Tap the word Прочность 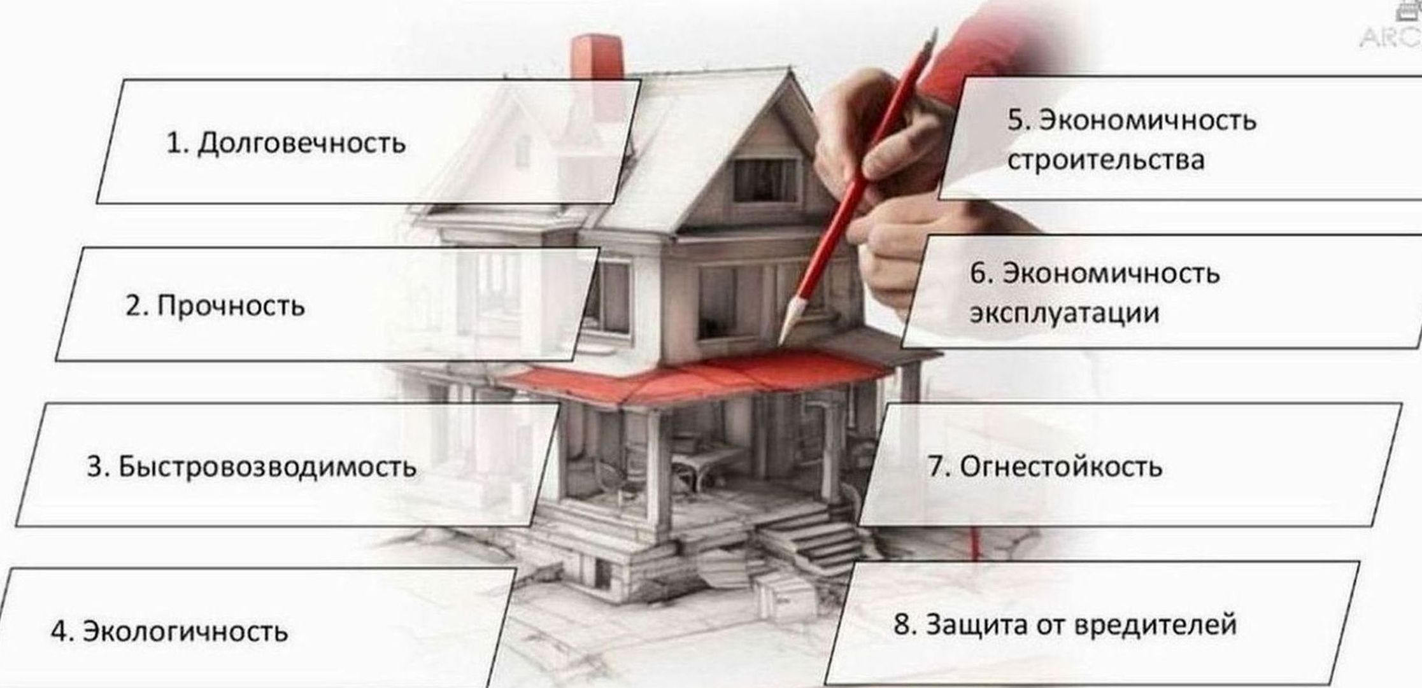[231, 306]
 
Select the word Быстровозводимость [268, 467]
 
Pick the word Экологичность [186, 631]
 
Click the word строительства [1106, 160]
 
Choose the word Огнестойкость [1061, 467]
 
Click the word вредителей [1156, 624]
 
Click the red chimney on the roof [596, 57]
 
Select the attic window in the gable [766, 180]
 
